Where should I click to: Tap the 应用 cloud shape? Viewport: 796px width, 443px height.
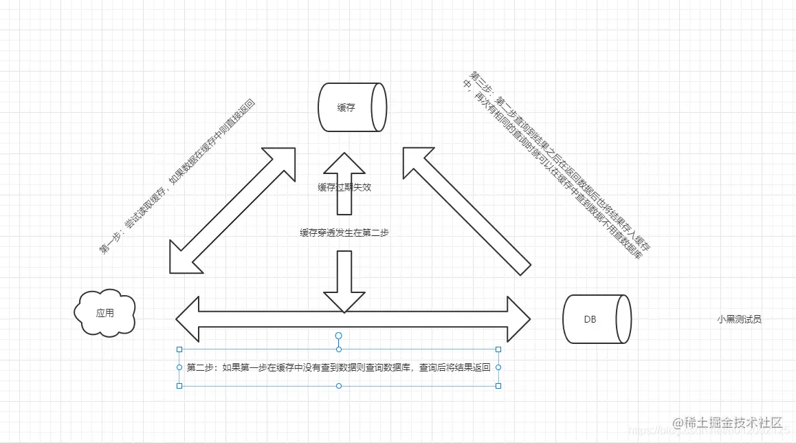coord(104,313)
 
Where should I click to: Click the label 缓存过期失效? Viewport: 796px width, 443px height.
coord(344,187)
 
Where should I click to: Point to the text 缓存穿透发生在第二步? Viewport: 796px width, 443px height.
coord(344,233)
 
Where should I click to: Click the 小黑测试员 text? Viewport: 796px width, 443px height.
coord(739,319)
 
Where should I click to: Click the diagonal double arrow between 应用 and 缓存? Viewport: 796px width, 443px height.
coord(232,210)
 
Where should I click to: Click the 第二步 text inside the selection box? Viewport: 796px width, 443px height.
coord(338,367)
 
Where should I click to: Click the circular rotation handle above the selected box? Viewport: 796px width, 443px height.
coord(338,336)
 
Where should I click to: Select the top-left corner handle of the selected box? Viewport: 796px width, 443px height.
coord(179,349)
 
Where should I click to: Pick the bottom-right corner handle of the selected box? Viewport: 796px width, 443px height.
coord(498,386)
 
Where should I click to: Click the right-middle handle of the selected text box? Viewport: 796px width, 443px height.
coord(498,367)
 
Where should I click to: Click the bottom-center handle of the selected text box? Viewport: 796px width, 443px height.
coord(338,386)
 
